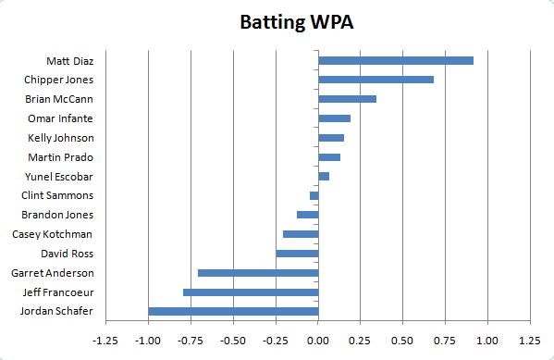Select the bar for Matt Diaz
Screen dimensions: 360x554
[396, 60]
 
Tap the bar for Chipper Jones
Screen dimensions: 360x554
[375, 80]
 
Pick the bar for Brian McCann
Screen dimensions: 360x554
[347, 99]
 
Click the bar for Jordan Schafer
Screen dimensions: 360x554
[233, 311]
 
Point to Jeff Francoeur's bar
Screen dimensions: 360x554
[251, 292]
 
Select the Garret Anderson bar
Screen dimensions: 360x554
[258, 273]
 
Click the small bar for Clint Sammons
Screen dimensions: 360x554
[314, 195]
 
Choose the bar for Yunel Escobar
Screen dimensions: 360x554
[324, 176]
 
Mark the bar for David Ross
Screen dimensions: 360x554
[297, 254]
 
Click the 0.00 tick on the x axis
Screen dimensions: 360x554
[318, 340]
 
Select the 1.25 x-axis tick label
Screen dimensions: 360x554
[530, 340]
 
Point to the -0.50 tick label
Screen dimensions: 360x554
[232, 340]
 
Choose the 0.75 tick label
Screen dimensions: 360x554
[445, 340]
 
